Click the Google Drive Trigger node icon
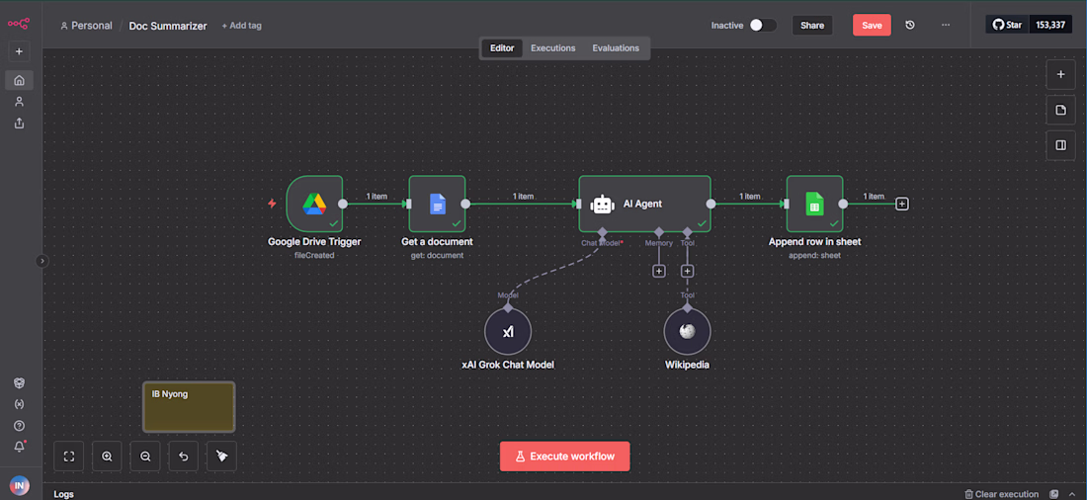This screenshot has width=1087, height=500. (314, 204)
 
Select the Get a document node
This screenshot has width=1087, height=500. (437, 204)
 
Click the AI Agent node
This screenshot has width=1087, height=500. (644, 204)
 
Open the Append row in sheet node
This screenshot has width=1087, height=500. (814, 204)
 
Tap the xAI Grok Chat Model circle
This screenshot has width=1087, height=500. (508, 331)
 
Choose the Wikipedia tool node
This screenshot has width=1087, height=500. (687, 331)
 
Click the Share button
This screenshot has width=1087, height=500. (812, 25)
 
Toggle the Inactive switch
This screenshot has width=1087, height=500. (763, 25)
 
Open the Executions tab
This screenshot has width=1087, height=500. (553, 47)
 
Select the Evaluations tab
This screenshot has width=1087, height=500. (616, 47)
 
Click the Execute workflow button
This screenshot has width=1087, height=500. (565, 457)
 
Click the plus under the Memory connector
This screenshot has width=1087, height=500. (658, 271)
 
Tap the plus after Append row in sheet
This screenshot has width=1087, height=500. (902, 204)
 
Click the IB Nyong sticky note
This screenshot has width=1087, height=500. (189, 406)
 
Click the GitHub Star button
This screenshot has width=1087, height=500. (1007, 25)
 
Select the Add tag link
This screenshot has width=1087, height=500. (242, 26)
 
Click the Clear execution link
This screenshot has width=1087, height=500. (1002, 494)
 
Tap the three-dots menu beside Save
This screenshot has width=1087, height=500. (946, 25)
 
